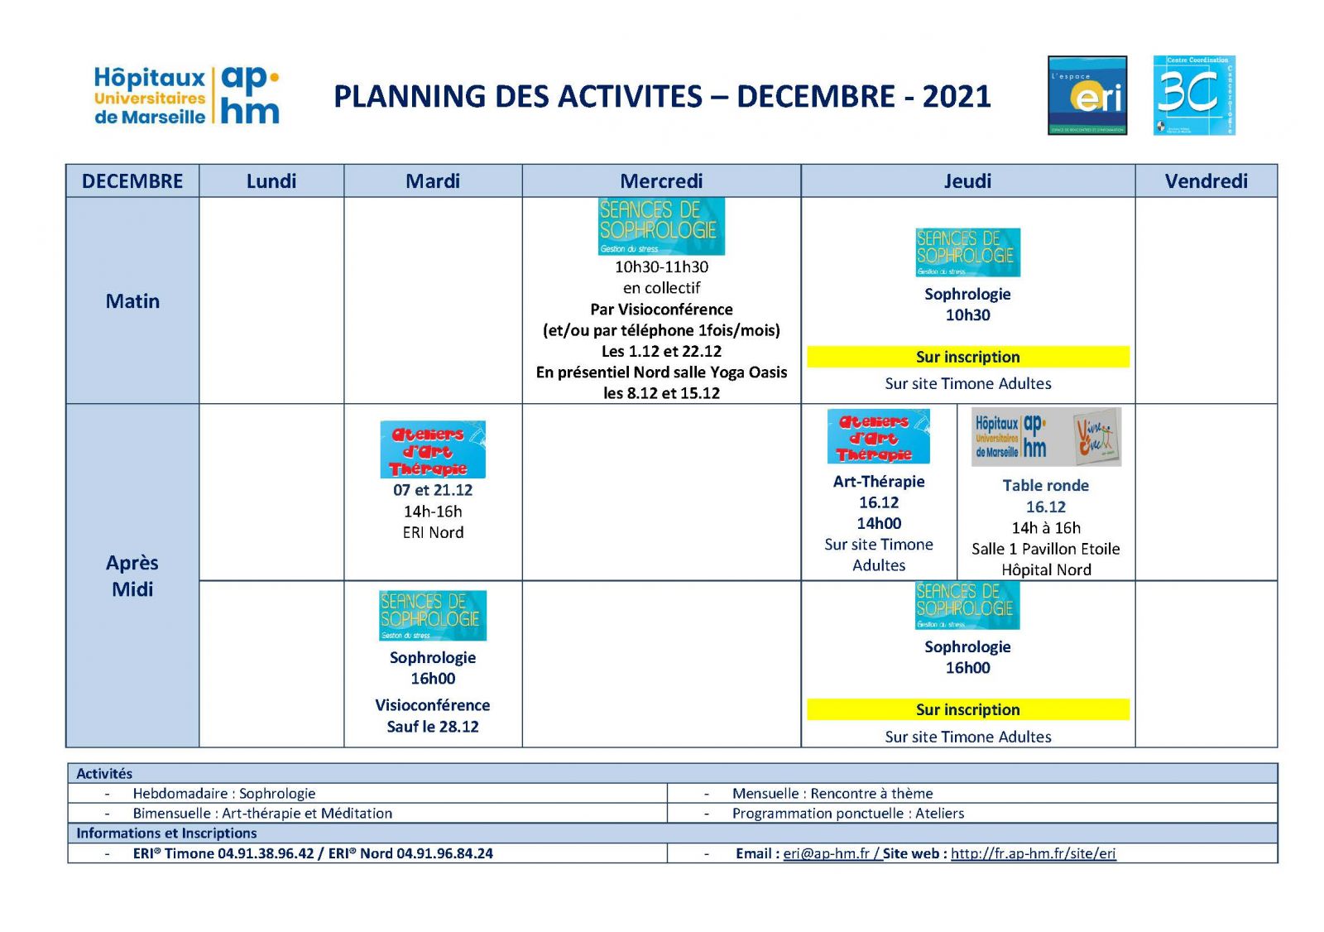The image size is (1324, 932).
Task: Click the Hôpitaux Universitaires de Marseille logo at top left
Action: pos(187,95)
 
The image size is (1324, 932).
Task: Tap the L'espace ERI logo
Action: pos(1087,95)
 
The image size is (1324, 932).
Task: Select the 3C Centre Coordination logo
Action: pos(1193,95)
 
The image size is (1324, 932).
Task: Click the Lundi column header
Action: pos(271,181)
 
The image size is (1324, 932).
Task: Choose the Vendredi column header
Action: pos(1206,181)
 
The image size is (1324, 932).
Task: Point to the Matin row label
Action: pos(132,301)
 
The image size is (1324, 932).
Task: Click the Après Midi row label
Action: pos(132,576)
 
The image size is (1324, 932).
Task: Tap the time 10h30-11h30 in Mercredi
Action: pos(661,267)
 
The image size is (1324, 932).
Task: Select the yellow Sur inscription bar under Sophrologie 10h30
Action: pos(967,357)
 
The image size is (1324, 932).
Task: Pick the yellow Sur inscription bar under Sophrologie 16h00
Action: pos(967,709)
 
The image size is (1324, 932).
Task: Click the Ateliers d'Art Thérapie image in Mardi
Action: pos(433,449)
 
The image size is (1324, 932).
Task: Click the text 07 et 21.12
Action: pos(433,490)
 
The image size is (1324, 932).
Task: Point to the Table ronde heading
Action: pos(1045,486)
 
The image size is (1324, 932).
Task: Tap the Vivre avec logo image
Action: pos(1097,436)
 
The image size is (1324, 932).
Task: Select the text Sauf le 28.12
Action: pos(433,727)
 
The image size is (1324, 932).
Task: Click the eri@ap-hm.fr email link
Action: pos(826,853)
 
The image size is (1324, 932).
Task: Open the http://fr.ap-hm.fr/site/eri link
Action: pos(1033,853)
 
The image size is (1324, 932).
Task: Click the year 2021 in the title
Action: pos(957,97)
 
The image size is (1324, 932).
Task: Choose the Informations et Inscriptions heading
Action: pos(166,834)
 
